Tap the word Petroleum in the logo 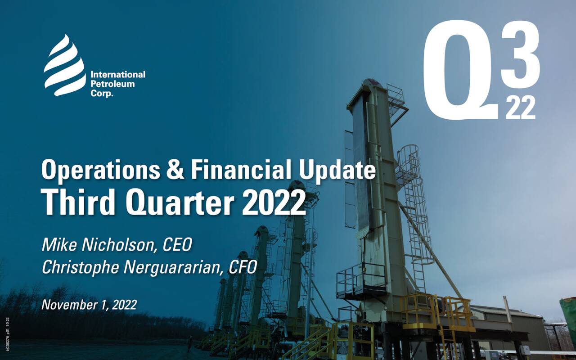pos(112,84)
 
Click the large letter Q pos(459,72)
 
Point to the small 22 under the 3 pos(521,108)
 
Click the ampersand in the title pos(175,171)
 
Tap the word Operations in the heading pos(100,171)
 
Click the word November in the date pos(67,305)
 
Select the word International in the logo pos(118,75)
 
